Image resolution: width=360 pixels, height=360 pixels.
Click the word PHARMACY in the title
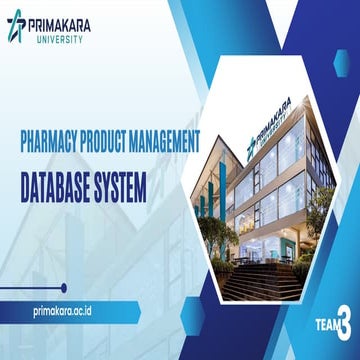(x=61, y=141)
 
